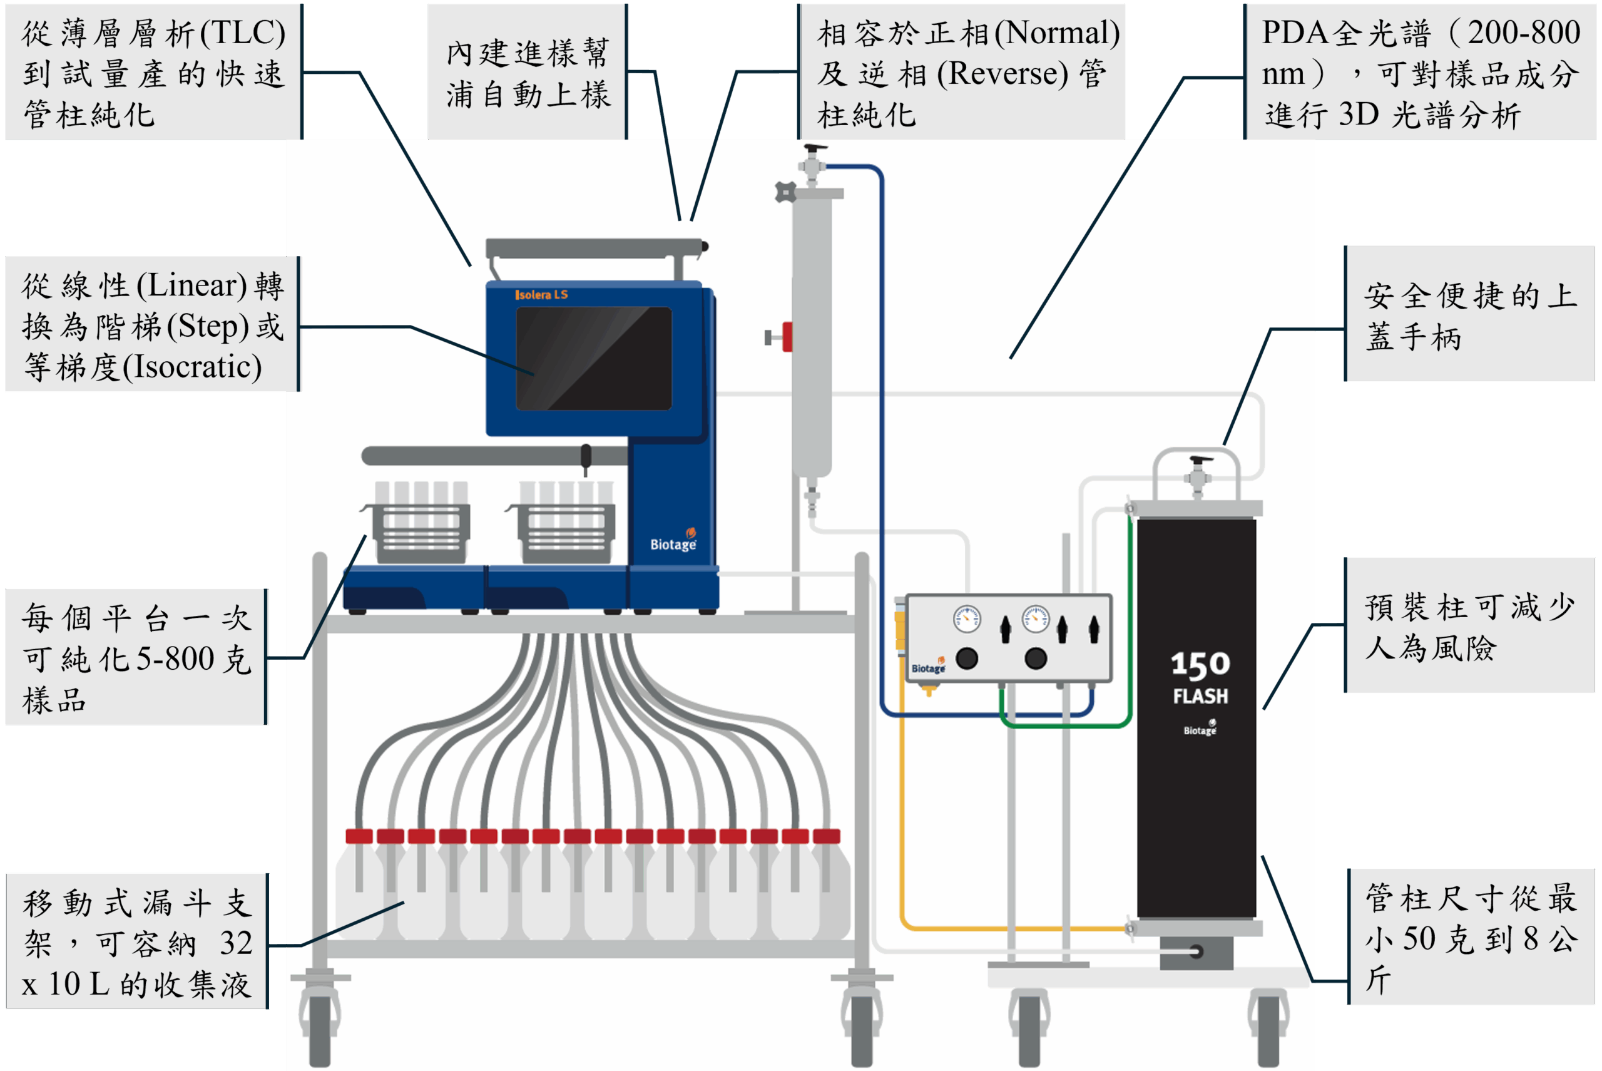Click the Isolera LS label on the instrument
coord(541,295)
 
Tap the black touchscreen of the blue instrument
coord(593,359)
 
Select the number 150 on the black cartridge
coord(1200,665)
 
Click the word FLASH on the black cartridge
coord(1200,697)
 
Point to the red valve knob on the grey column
coord(787,337)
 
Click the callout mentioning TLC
coord(154,72)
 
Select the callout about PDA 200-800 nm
coord(1421,72)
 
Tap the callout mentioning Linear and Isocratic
coord(151,325)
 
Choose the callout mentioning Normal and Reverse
coord(961,72)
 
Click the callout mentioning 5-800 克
coord(136,658)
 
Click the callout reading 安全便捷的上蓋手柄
coord(1470,315)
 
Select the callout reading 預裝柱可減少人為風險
coord(1470,627)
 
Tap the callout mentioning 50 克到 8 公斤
coord(1472,938)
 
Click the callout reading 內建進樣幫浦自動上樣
coord(527,72)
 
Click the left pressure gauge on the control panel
coord(966,619)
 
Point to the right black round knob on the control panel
coord(1035,658)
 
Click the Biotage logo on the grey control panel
coord(928,667)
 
